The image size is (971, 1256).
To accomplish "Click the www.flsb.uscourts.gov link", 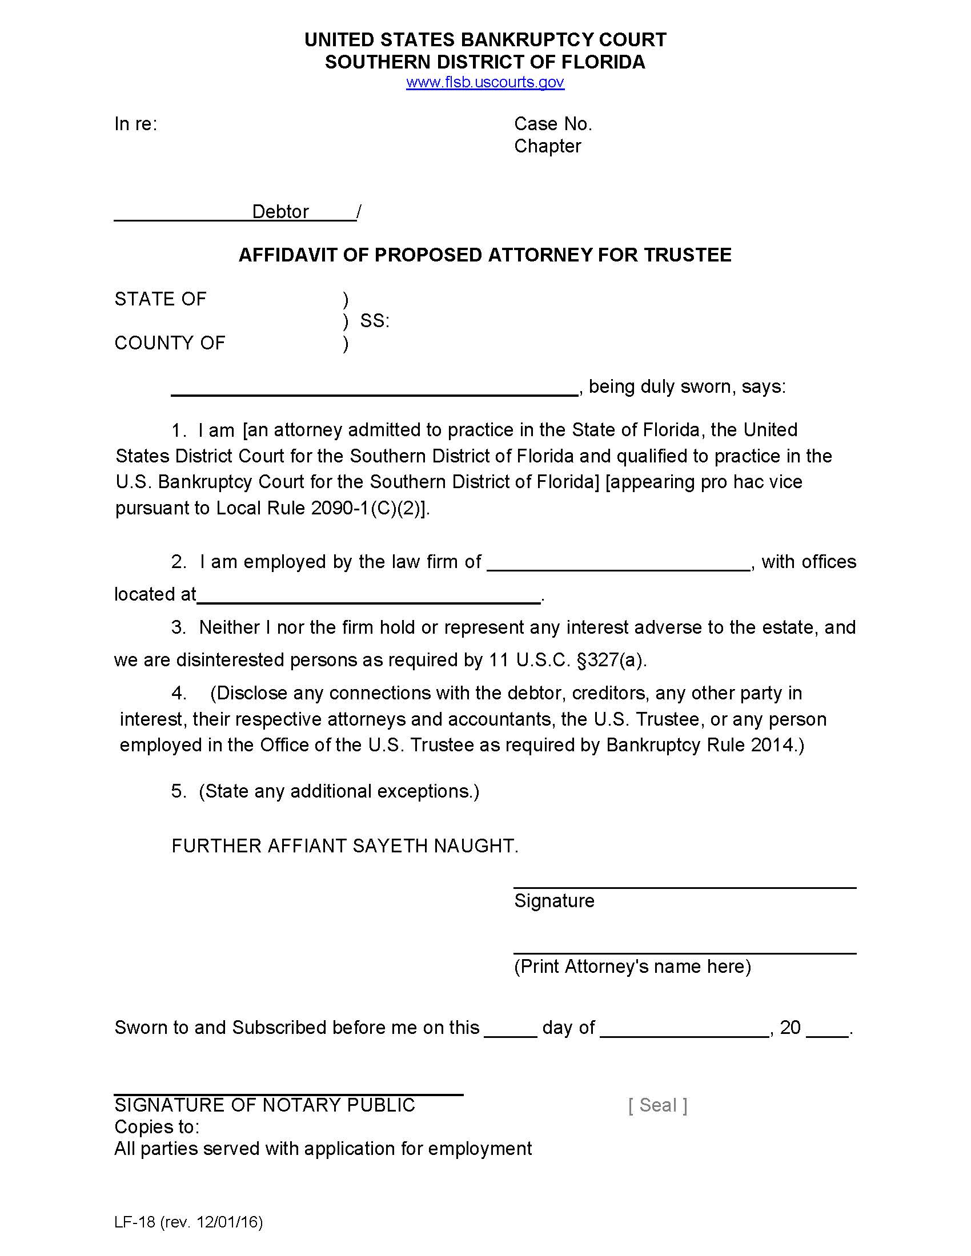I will [x=485, y=82].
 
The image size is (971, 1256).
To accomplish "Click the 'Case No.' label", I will [x=553, y=124].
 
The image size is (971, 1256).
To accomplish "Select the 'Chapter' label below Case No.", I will [x=547, y=146].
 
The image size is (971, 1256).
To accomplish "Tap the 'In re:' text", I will [x=136, y=124].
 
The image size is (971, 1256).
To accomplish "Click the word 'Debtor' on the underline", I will [x=280, y=212].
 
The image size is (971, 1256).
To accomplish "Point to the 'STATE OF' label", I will [x=160, y=299].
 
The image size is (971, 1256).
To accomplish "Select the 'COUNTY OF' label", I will [x=170, y=343].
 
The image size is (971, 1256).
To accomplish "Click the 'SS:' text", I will [x=375, y=321].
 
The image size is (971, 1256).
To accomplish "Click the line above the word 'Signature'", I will [x=684, y=887].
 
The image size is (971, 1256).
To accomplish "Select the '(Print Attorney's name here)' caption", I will [x=632, y=967].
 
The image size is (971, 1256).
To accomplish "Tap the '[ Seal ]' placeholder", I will [x=657, y=1105].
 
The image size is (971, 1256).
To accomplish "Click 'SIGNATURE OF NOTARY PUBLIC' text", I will [x=264, y=1105].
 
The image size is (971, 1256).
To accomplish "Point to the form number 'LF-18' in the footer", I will [x=135, y=1222].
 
